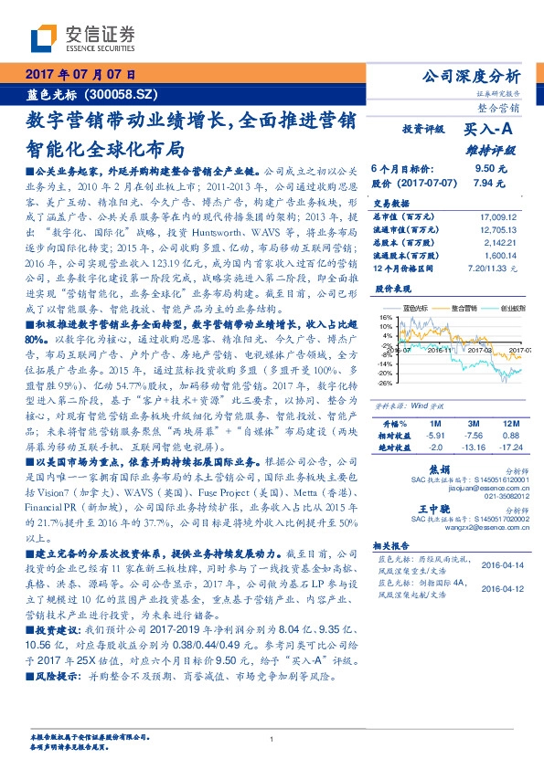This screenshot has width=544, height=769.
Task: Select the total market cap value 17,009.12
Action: [x=497, y=216]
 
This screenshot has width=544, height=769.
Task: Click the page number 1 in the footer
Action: [x=272, y=740]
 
